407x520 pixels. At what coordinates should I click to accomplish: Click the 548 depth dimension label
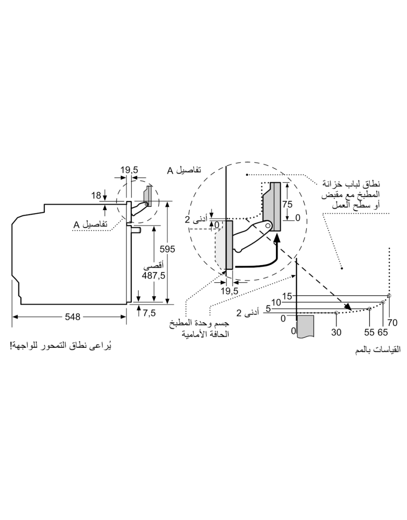pyautogui.click(x=72, y=317)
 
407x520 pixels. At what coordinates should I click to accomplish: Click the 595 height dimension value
pyautogui.click(x=167, y=249)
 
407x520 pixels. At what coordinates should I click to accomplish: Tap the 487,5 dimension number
pyautogui.click(x=153, y=276)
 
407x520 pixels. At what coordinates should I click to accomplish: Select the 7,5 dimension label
pyautogui.click(x=149, y=313)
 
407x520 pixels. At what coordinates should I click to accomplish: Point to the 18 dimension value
pyautogui.click(x=96, y=195)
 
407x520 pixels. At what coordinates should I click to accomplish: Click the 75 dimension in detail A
pyautogui.click(x=287, y=204)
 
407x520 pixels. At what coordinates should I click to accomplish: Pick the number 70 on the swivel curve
pyautogui.click(x=392, y=323)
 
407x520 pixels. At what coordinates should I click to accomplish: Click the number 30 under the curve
pyautogui.click(x=336, y=332)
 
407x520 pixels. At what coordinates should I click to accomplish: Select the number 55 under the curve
pyautogui.click(x=369, y=332)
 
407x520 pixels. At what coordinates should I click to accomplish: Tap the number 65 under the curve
pyautogui.click(x=383, y=332)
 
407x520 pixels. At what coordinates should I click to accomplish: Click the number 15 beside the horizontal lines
pyautogui.click(x=287, y=296)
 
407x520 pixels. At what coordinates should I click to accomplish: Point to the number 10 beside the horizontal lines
pyautogui.click(x=276, y=303)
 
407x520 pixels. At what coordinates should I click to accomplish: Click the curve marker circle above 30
pyautogui.click(x=337, y=313)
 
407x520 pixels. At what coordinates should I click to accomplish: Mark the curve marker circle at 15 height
pyautogui.click(x=389, y=296)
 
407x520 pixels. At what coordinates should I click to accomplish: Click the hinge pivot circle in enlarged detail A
pyautogui.click(x=268, y=225)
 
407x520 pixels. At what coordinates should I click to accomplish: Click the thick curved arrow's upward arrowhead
pyautogui.click(x=277, y=238)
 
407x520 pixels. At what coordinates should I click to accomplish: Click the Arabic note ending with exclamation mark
pyautogui.click(x=61, y=346)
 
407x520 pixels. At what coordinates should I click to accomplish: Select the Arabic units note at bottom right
pyautogui.click(x=378, y=350)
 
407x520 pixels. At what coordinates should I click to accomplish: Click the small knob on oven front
pyautogui.click(x=136, y=230)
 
